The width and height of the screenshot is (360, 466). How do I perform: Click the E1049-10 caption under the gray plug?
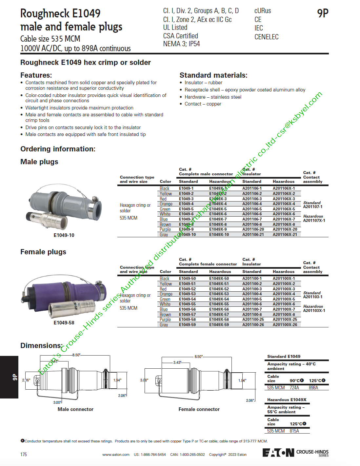click(64, 235)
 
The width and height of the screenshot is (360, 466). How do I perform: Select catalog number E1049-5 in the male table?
click(186, 209)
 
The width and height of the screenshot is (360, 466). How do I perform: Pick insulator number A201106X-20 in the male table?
click(285, 229)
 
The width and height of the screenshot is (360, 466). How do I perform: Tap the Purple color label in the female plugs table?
click(165, 320)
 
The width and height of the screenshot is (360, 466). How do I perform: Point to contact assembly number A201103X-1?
click(314, 311)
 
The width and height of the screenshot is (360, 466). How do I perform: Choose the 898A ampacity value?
click(313, 388)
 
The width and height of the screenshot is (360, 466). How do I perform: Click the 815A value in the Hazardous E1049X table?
click(294, 431)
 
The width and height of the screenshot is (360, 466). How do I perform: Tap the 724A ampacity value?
click(294, 388)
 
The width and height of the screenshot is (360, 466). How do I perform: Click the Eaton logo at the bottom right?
click(278, 453)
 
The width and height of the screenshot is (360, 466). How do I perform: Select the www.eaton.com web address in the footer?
click(116, 455)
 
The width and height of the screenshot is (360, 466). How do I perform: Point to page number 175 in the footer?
click(24, 455)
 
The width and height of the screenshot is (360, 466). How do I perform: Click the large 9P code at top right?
click(323, 13)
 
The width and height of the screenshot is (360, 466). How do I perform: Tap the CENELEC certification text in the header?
click(266, 37)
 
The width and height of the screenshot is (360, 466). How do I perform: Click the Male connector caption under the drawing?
click(75, 409)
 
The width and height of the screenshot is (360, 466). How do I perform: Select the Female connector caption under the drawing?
click(199, 409)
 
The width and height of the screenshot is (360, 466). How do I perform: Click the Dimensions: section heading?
click(41, 346)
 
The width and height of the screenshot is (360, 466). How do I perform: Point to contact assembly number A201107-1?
click(313, 207)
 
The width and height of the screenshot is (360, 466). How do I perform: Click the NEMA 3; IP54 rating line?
click(181, 44)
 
